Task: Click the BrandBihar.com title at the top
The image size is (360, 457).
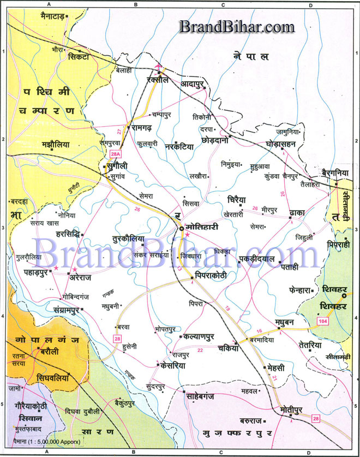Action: tap(237, 26)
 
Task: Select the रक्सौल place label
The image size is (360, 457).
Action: tap(159, 80)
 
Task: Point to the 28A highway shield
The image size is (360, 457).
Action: tap(115, 153)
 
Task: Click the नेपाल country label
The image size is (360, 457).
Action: tap(251, 56)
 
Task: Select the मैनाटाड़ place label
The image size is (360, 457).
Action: tap(45, 17)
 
